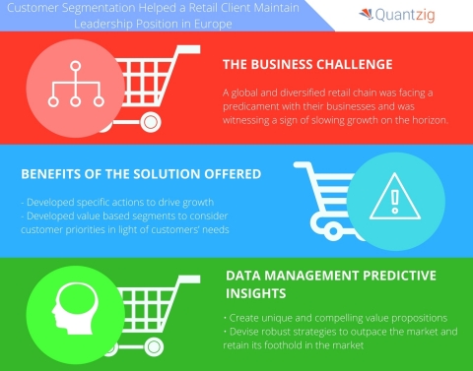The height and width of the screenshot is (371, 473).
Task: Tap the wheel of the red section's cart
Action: point(149,123)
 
